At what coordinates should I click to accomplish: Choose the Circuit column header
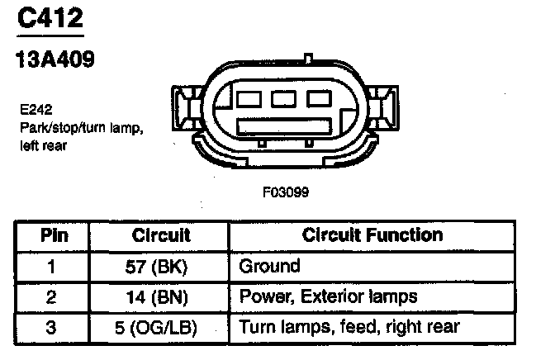tap(161, 235)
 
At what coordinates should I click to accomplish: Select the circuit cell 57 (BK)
tap(161, 266)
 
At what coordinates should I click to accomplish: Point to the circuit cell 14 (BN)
tap(161, 296)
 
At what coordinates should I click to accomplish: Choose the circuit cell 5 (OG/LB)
tap(161, 327)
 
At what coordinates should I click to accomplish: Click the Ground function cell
tap(269, 266)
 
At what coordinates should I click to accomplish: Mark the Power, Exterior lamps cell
tap(328, 296)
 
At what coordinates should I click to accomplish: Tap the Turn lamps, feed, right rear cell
tap(349, 327)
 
